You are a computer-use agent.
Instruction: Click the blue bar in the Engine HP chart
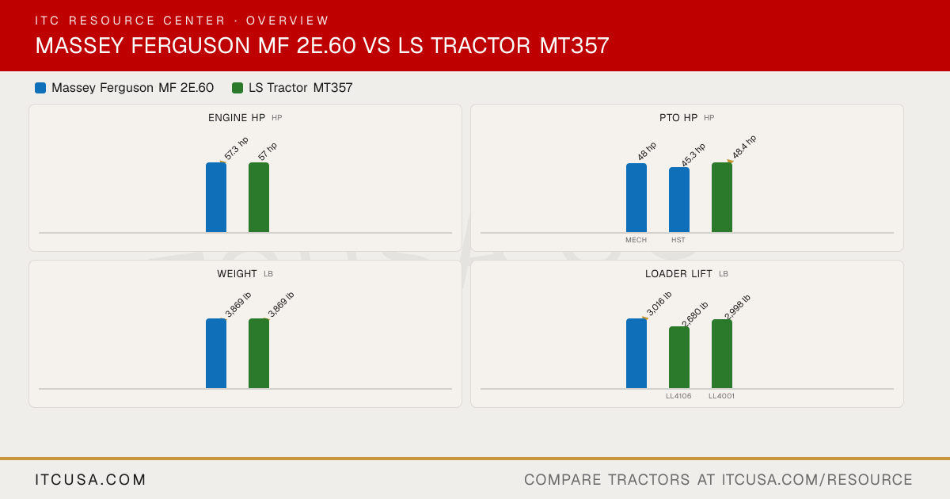tap(216, 197)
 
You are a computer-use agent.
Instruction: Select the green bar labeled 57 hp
tap(259, 197)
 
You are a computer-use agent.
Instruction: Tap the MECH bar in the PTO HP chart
tap(636, 198)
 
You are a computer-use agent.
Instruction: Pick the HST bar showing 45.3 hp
tap(679, 200)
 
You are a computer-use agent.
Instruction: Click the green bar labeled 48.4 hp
tap(722, 197)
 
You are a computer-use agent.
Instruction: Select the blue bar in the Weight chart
tap(216, 353)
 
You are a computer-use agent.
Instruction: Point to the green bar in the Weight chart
tap(259, 353)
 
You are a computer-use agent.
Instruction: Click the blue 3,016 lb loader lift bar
tap(636, 353)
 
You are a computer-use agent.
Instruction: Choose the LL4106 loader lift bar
tap(679, 357)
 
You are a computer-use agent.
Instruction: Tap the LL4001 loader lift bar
tap(722, 354)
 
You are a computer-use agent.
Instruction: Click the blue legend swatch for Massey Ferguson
tap(40, 88)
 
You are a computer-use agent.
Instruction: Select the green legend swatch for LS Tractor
tap(237, 88)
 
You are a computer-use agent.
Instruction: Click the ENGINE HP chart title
tap(237, 117)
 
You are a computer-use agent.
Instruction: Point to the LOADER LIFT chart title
tap(678, 274)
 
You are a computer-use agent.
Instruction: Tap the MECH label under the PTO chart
tap(636, 240)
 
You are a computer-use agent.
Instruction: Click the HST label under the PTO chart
tap(678, 240)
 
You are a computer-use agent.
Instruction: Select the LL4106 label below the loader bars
tap(678, 396)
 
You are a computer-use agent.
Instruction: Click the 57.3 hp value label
tap(236, 149)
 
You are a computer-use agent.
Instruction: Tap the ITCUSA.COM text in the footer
tap(90, 479)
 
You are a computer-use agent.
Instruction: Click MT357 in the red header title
tap(574, 45)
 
